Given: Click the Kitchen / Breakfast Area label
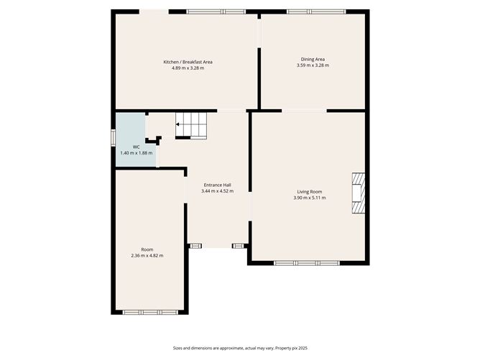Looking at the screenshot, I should pos(188,62).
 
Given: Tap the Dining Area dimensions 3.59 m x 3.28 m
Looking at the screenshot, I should pos(313,65).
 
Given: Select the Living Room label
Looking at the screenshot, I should pos(310,191).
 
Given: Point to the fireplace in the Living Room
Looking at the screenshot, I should pos(358,194).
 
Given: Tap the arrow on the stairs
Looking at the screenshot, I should pos(178,124).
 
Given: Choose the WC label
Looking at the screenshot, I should pos(135,147).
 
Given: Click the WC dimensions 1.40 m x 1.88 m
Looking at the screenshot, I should pos(135,152).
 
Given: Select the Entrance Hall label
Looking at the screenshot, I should pos(217,185).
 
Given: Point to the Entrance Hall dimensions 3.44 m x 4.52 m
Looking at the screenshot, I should pos(217,191).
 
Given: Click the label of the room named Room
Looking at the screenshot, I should pos(147,249).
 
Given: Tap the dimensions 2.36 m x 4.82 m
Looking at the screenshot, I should pos(147,255).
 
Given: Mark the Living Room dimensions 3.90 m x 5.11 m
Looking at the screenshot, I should pos(310,197).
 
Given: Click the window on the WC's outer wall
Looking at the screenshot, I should pos(113,137).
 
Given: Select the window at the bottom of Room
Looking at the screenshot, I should pos(150,312).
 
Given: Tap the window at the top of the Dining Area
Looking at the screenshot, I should pos(315,11).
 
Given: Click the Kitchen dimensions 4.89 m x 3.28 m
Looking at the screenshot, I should pos(188,68).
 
